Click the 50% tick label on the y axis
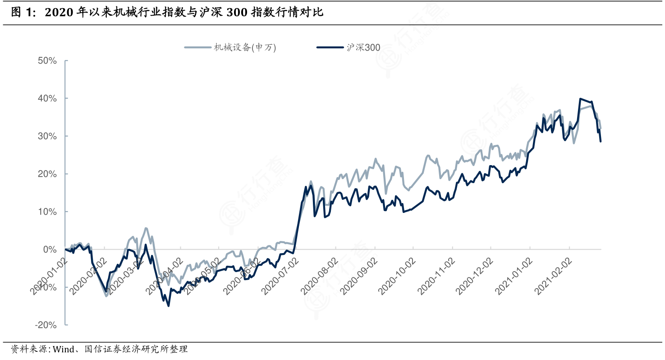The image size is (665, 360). click(47, 60)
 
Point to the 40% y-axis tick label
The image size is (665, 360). click(47, 98)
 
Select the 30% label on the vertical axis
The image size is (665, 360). click(47, 136)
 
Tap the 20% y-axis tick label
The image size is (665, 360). click(47, 174)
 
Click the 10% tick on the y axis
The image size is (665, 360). click(47, 212)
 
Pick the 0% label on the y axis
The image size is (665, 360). click(50, 249)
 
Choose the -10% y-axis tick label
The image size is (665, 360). click(45, 287)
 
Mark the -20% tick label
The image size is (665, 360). click(45, 325)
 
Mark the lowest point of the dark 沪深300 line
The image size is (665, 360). click(169, 306)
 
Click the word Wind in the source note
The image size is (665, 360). click(61, 349)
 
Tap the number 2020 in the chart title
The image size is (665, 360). click(59, 13)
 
